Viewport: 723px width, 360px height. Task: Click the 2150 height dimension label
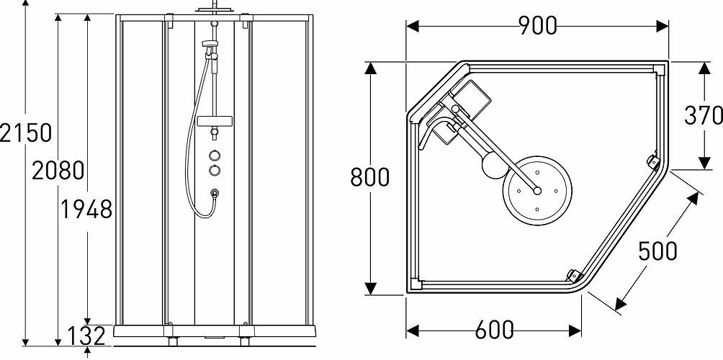[x=26, y=132]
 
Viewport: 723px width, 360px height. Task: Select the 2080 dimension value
[x=58, y=171]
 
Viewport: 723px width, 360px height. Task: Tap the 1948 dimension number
[x=86, y=210]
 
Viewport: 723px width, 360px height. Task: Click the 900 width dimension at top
[x=537, y=25]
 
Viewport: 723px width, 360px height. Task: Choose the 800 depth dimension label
[x=369, y=176]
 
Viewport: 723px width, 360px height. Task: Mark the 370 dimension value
[x=703, y=115]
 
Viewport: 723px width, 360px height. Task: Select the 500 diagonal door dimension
[x=657, y=250]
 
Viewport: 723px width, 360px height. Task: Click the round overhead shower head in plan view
[x=537, y=190]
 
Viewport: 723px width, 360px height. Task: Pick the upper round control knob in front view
[x=215, y=155]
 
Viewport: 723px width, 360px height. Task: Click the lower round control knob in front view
[x=215, y=170]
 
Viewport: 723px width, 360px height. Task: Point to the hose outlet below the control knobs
[x=215, y=193]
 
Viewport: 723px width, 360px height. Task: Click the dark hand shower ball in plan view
[x=492, y=167]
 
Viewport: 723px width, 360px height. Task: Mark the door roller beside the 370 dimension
[x=652, y=161]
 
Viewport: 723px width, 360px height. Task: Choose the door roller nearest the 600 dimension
[x=573, y=274]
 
